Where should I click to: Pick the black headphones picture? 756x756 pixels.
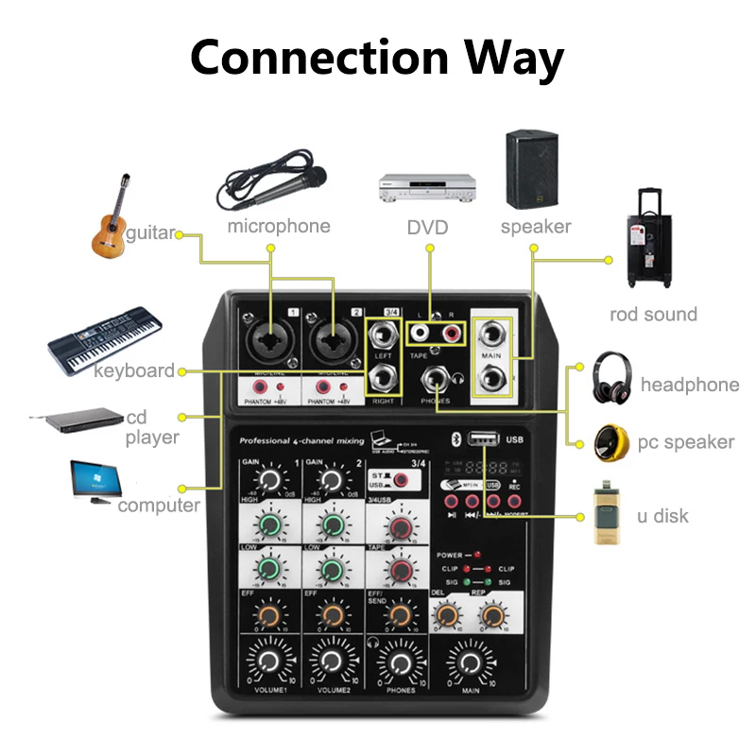tap(613, 379)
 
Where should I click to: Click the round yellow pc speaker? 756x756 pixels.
tap(613, 442)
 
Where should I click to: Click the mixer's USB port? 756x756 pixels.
tap(483, 438)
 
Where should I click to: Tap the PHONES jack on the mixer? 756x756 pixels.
tap(435, 381)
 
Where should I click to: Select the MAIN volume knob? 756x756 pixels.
tap(472, 661)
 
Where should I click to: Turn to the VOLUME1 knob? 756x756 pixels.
tap(268, 661)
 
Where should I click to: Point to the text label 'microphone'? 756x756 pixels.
tap(279, 226)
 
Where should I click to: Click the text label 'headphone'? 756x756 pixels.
tap(689, 385)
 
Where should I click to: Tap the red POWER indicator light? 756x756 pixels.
tap(478, 555)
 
